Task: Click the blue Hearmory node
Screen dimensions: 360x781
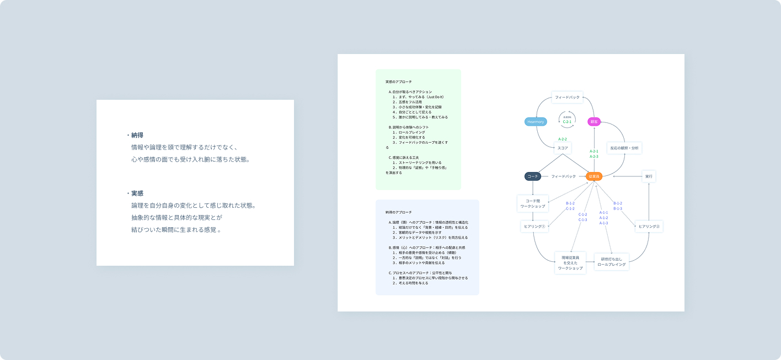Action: click(x=536, y=121)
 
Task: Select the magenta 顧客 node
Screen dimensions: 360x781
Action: click(x=594, y=121)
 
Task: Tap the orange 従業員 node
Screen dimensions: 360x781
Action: click(x=594, y=176)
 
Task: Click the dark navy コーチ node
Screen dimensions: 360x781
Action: click(x=533, y=176)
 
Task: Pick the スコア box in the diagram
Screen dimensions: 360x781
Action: click(x=562, y=148)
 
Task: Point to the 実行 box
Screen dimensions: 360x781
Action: click(x=649, y=176)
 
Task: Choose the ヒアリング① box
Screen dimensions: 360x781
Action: click(x=533, y=226)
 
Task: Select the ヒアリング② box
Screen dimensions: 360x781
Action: click(x=649, y=226)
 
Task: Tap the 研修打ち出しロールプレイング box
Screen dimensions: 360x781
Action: click(x=612, y=262)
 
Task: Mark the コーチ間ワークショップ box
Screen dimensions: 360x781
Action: click(x=533, y=203)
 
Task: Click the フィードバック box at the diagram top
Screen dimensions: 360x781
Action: click(x=568, y=98)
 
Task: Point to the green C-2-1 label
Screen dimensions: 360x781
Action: click(x=567, y=121)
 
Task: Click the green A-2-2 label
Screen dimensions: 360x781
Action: click(x=562, y=139)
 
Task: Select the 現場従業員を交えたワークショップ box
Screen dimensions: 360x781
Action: click(x=570, y=263)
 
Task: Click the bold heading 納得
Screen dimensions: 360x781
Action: click(x=137, y=135)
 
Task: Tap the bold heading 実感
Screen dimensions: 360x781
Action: click(x=137, y=194)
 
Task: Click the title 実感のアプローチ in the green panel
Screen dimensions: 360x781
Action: click(x=398, y=82)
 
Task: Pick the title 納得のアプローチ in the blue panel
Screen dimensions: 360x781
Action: click(x=398, y=212)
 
